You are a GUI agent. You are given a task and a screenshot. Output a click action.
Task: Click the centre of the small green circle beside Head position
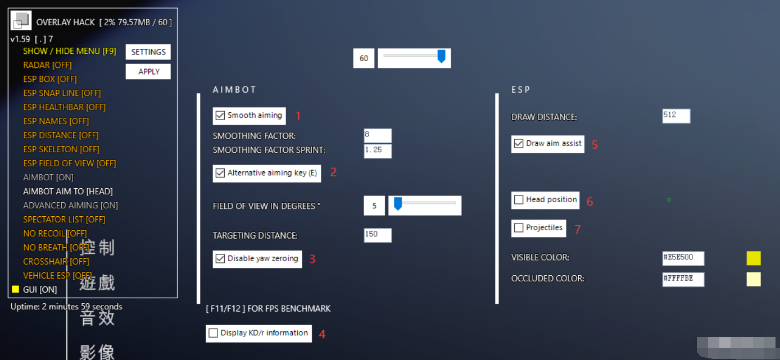669,200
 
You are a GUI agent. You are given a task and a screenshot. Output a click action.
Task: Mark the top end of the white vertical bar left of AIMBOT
198,94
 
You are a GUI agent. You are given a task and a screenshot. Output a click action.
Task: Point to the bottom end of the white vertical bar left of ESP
497,303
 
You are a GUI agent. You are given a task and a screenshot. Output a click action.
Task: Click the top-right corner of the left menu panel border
177,8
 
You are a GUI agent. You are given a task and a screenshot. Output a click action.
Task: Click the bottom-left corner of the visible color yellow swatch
747,265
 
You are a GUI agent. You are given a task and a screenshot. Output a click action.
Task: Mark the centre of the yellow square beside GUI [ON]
15,289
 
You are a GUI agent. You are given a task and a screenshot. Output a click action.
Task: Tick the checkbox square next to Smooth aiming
220,115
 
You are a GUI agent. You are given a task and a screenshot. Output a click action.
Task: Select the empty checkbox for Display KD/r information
213,333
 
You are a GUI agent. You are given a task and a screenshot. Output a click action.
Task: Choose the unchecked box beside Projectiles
519,227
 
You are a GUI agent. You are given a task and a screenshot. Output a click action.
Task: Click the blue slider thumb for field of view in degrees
398,204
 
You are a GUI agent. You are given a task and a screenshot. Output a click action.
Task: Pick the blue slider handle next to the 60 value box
441,56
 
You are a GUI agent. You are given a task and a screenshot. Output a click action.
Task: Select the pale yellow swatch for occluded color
754,279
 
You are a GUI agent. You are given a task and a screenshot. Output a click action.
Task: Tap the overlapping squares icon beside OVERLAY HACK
21,20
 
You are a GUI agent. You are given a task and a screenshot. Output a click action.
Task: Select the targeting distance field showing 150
378,235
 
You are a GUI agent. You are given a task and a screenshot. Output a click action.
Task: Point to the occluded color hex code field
683,279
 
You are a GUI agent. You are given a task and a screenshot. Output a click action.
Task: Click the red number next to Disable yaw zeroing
312,259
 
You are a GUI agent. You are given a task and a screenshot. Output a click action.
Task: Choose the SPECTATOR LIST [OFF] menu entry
64,220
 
